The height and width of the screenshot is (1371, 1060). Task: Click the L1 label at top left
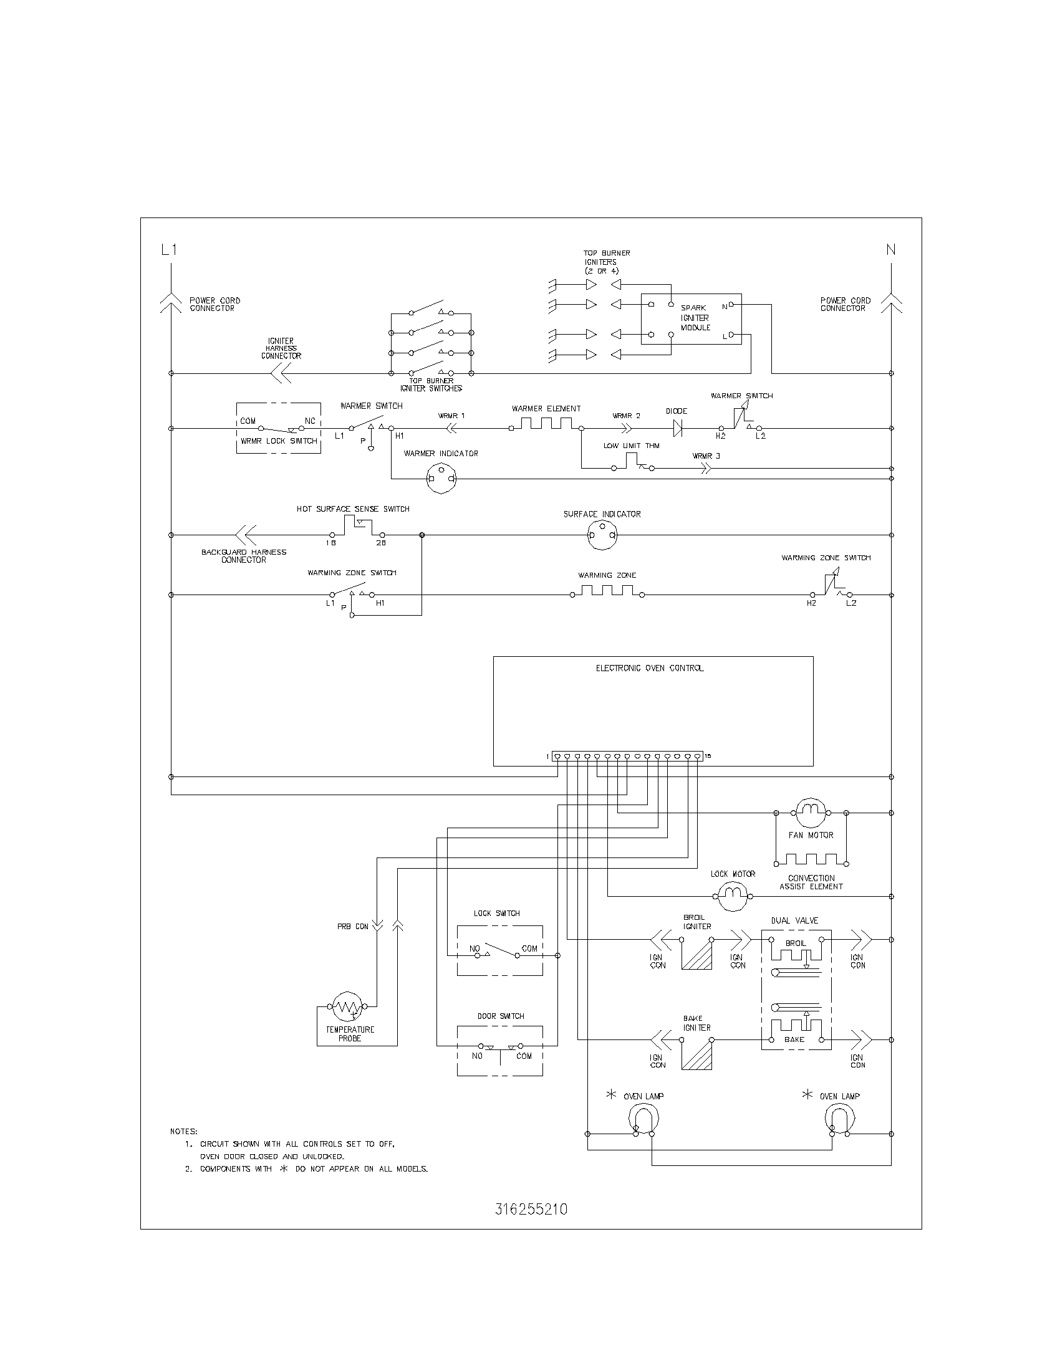click(169, 249)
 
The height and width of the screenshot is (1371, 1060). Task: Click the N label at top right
click(890, 249)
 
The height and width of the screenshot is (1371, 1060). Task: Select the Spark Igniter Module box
click(691, 319)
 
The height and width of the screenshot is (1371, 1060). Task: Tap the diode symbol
click(677, 428)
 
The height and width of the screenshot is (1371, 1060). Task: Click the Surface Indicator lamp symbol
click(602, 535)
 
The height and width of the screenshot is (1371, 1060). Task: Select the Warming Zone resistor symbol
click(607, 591)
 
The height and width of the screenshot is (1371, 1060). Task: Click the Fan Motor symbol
click(811, 813)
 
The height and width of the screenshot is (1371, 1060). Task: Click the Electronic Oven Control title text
click(649, 668)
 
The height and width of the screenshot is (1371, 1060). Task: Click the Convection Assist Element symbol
click(811, 859)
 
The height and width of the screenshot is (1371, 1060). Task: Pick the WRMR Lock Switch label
click(279, 441)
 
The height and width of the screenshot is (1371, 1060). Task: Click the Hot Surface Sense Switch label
click(353, 509)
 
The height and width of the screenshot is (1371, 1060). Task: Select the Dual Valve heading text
click(794, 920)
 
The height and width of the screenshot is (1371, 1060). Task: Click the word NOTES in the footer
click(183, 1131)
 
